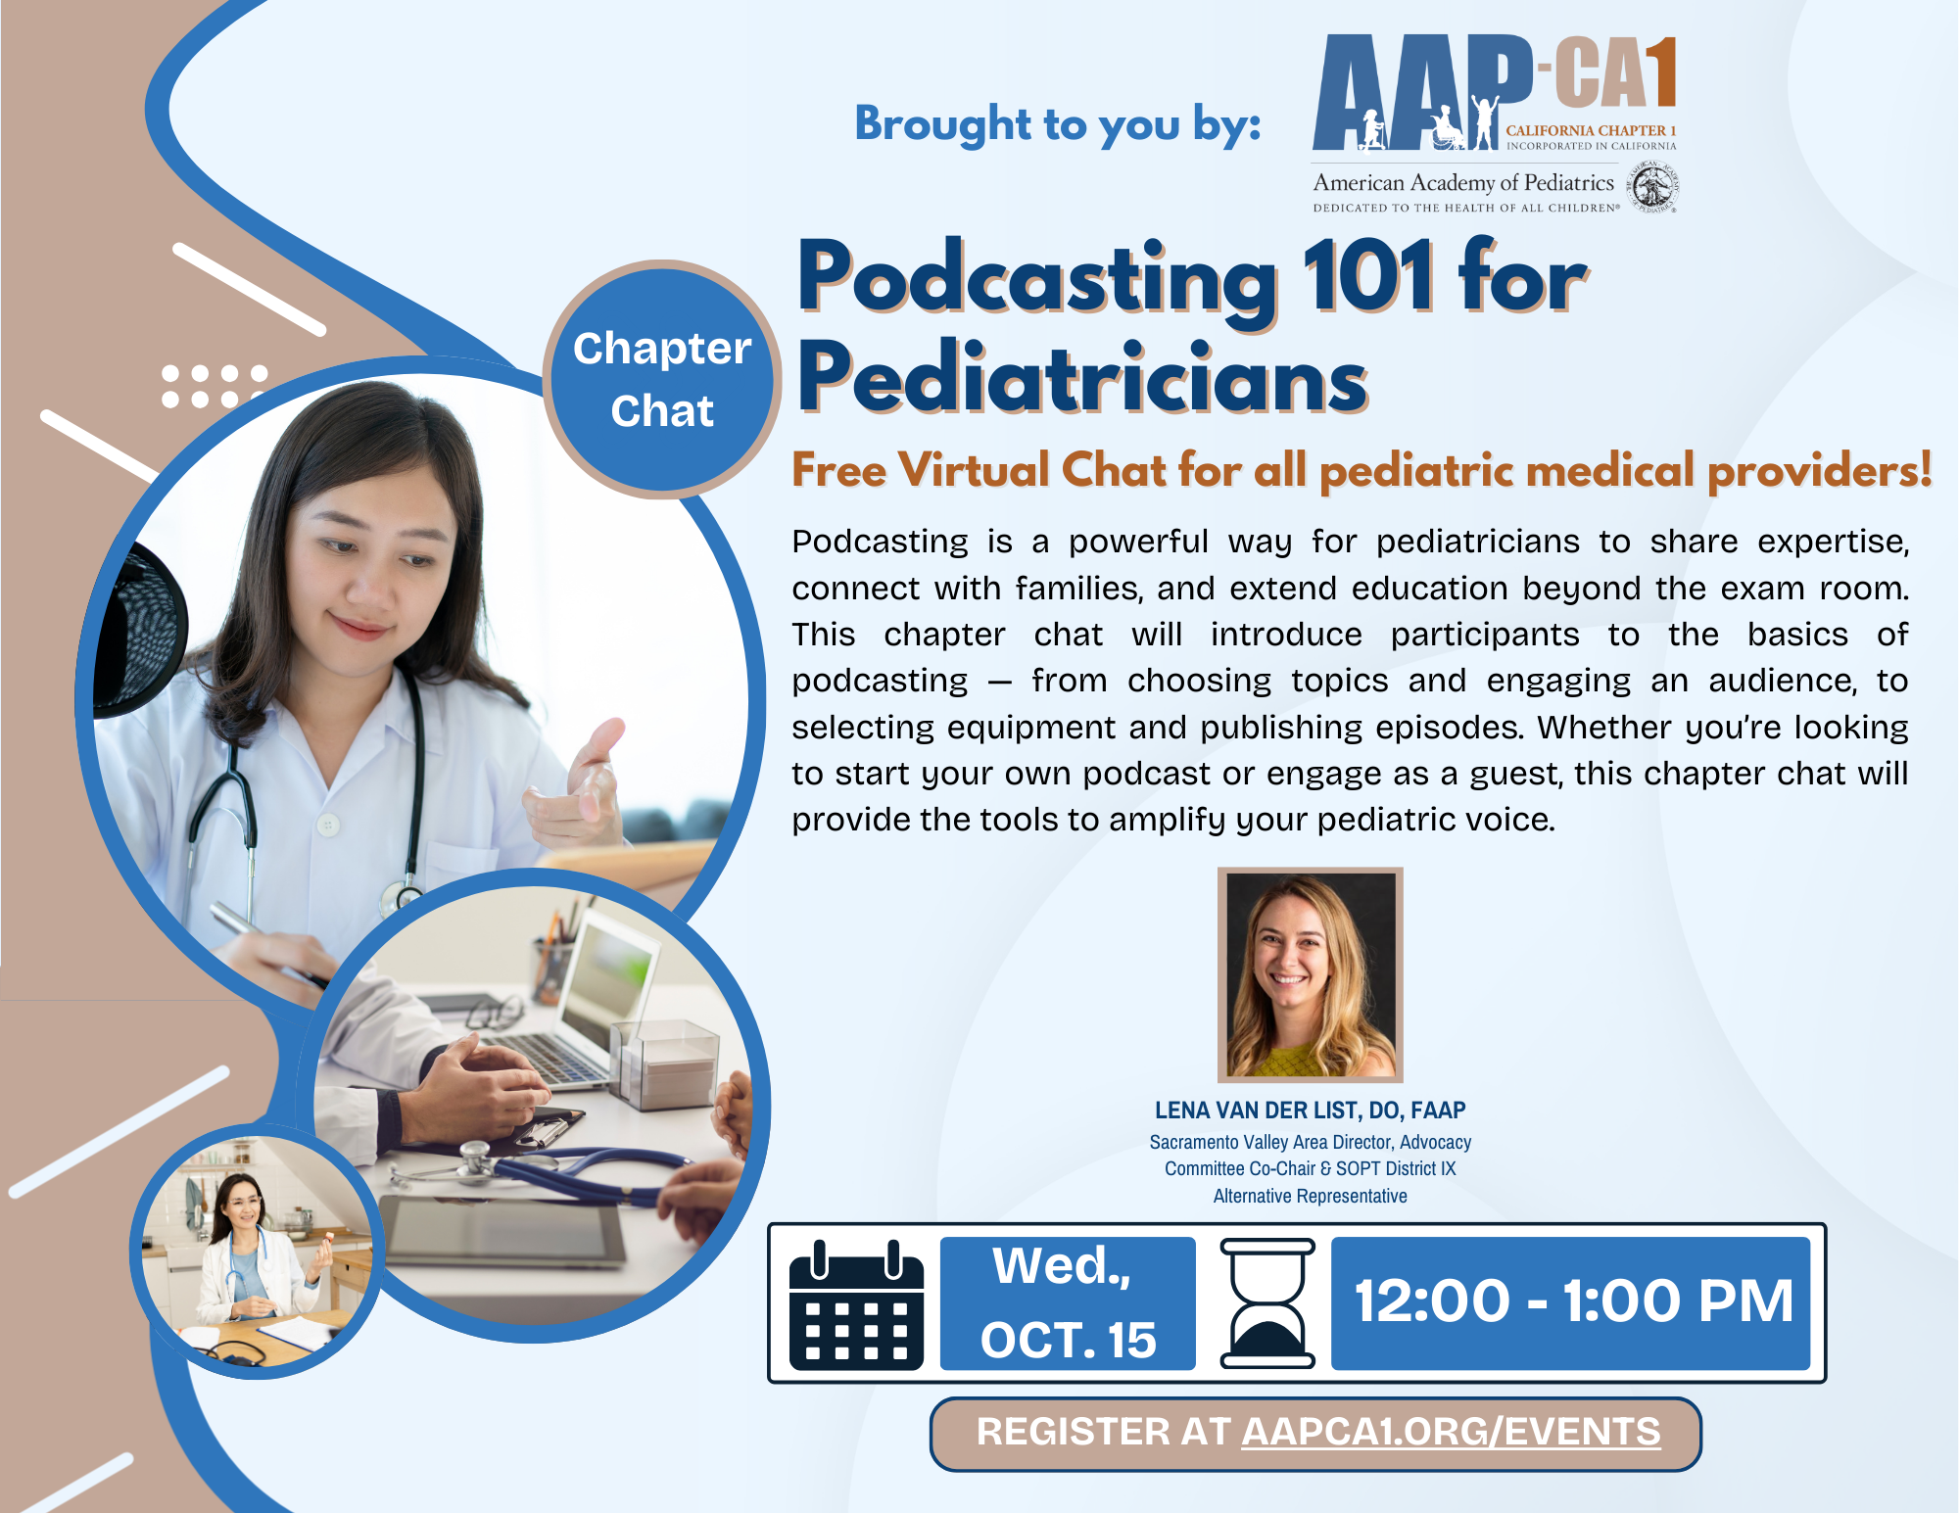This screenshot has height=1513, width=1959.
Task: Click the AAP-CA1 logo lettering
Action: click(1495, 92)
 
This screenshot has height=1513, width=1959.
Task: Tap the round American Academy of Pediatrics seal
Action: click(1653, 187)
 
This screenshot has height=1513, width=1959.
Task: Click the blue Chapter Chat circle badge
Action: click(662, 379)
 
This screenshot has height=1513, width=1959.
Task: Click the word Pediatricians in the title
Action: click(1082, 378)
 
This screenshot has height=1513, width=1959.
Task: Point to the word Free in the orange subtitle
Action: click(839, 469)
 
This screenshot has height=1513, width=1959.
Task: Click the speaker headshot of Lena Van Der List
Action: click(1311, 974)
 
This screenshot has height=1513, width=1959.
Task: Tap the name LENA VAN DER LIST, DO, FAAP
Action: click(1311, 1110)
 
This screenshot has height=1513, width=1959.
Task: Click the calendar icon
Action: click(856, 1304)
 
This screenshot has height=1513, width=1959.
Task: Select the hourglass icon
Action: click(1266, 1303)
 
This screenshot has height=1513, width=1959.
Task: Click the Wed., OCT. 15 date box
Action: click(1068, 1303)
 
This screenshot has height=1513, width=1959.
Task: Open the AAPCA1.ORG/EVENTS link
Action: click(1452, 1433)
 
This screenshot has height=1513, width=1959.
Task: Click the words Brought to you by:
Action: click(1058, 124)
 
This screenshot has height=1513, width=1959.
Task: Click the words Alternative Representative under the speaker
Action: click(1311, 1196)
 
